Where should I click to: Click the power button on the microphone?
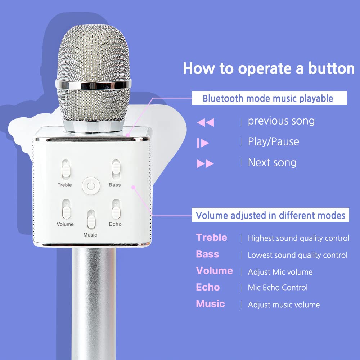(90, 186)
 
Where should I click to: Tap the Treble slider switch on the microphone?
(65, 169)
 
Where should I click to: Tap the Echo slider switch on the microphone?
(115, 209)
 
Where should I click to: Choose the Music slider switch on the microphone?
(90, 220)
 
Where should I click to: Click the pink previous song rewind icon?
(206, 122)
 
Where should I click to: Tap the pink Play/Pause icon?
(203, 143)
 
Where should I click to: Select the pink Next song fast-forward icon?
(205, 164)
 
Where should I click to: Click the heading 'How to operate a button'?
(269, 68)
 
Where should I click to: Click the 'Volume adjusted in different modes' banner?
(270, 216)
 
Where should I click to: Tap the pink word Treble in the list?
(212, 238)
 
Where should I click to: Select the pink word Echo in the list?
(208, 287)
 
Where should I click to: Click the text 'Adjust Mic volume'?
(280, 272)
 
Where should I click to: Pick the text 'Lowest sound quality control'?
(297, 255)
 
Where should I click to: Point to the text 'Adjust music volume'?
(284, 305)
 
